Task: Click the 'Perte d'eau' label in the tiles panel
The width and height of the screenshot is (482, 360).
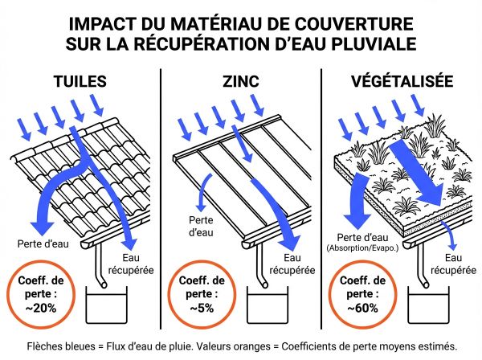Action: [x=42, y=241]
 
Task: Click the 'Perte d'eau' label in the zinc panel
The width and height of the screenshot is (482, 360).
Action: [x=201, y=224]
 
